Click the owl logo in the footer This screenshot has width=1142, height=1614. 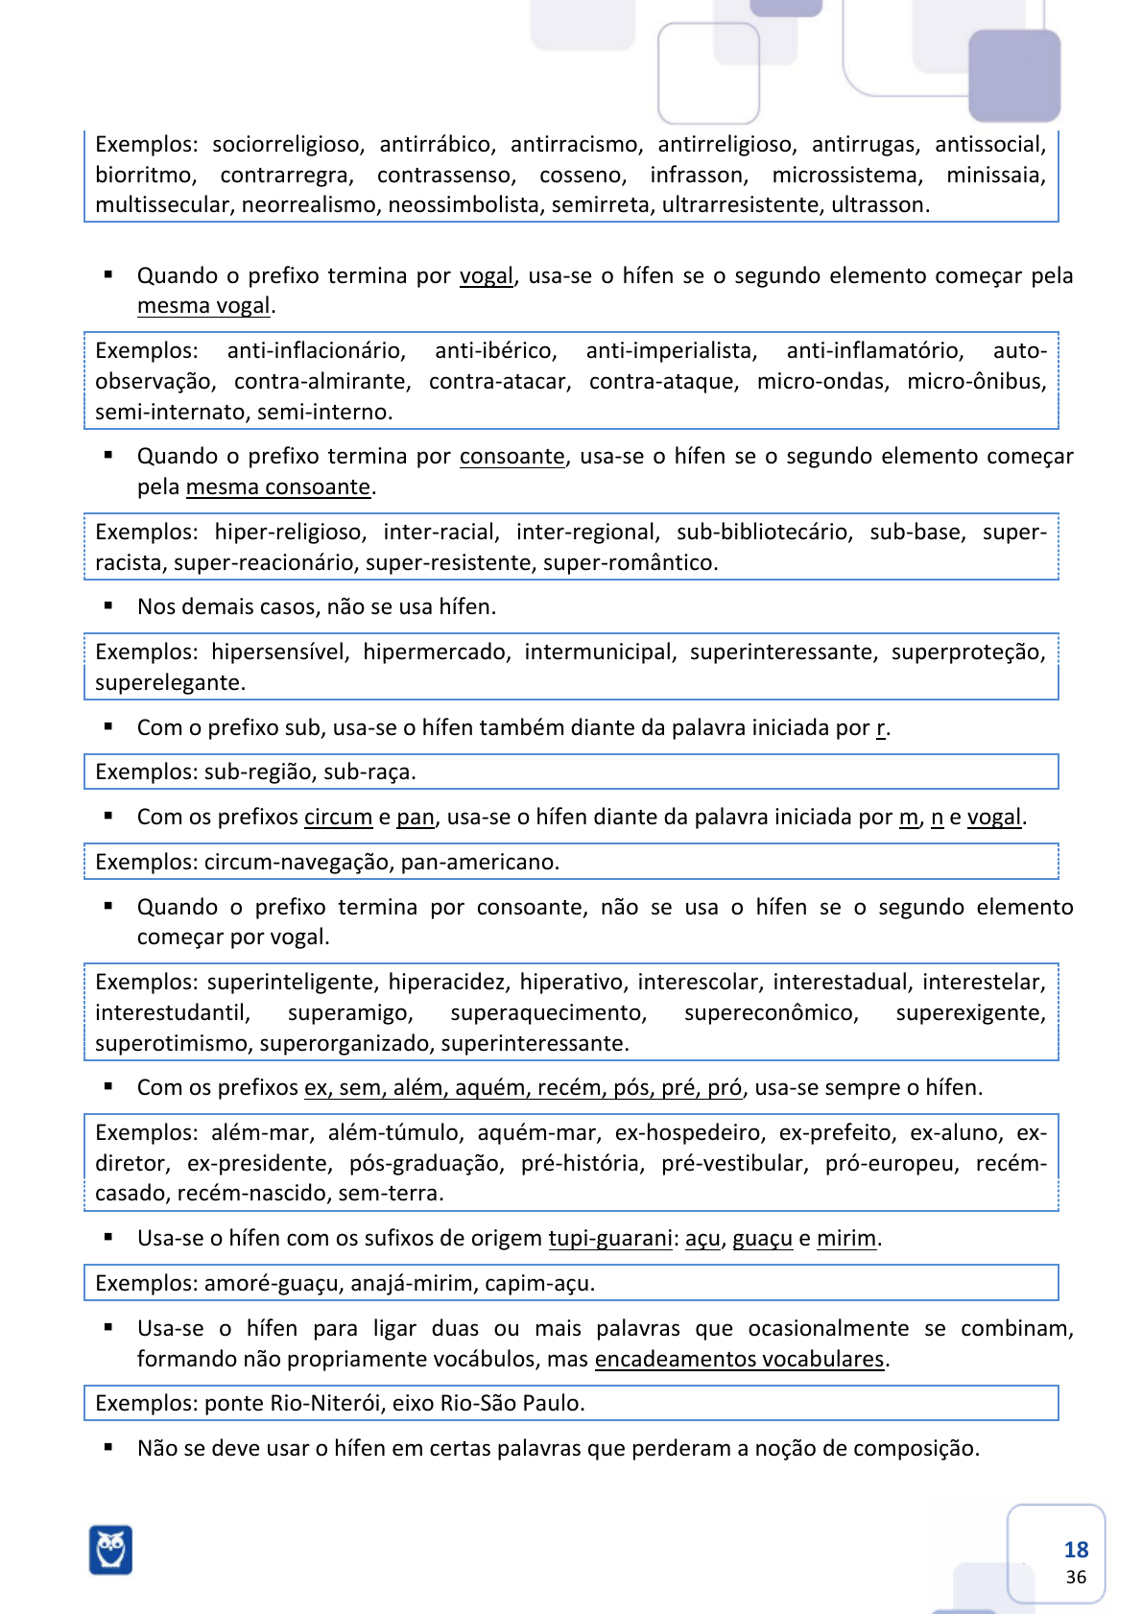pyautogui.click(x=110, y=1549)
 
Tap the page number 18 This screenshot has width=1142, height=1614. pyautogui.click(x=1076, y=1550)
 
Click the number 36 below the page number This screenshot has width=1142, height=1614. pyautogui.click(x=1076, y=1578)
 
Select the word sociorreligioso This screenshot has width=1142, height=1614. pyautogui.click(x=287, y=145)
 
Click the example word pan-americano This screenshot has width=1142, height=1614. pyautogui.click(x=479, y=862)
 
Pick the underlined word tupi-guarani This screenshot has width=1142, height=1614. pyautogui.click(x=610, y=1238)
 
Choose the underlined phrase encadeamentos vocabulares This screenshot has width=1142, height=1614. pyautogui.click(x=739, y=1359)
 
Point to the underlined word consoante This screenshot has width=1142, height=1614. pyautogui.click(x=512, y=457)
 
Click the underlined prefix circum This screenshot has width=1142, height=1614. pyautogui.click(x=338, y=818)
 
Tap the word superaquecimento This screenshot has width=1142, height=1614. pyautogui.click(x=548, y=1013)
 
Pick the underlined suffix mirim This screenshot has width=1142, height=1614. pyautogui.click(x=845, y=1239)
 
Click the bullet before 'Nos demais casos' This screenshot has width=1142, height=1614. pyautogui.click(x=108, y=605)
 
